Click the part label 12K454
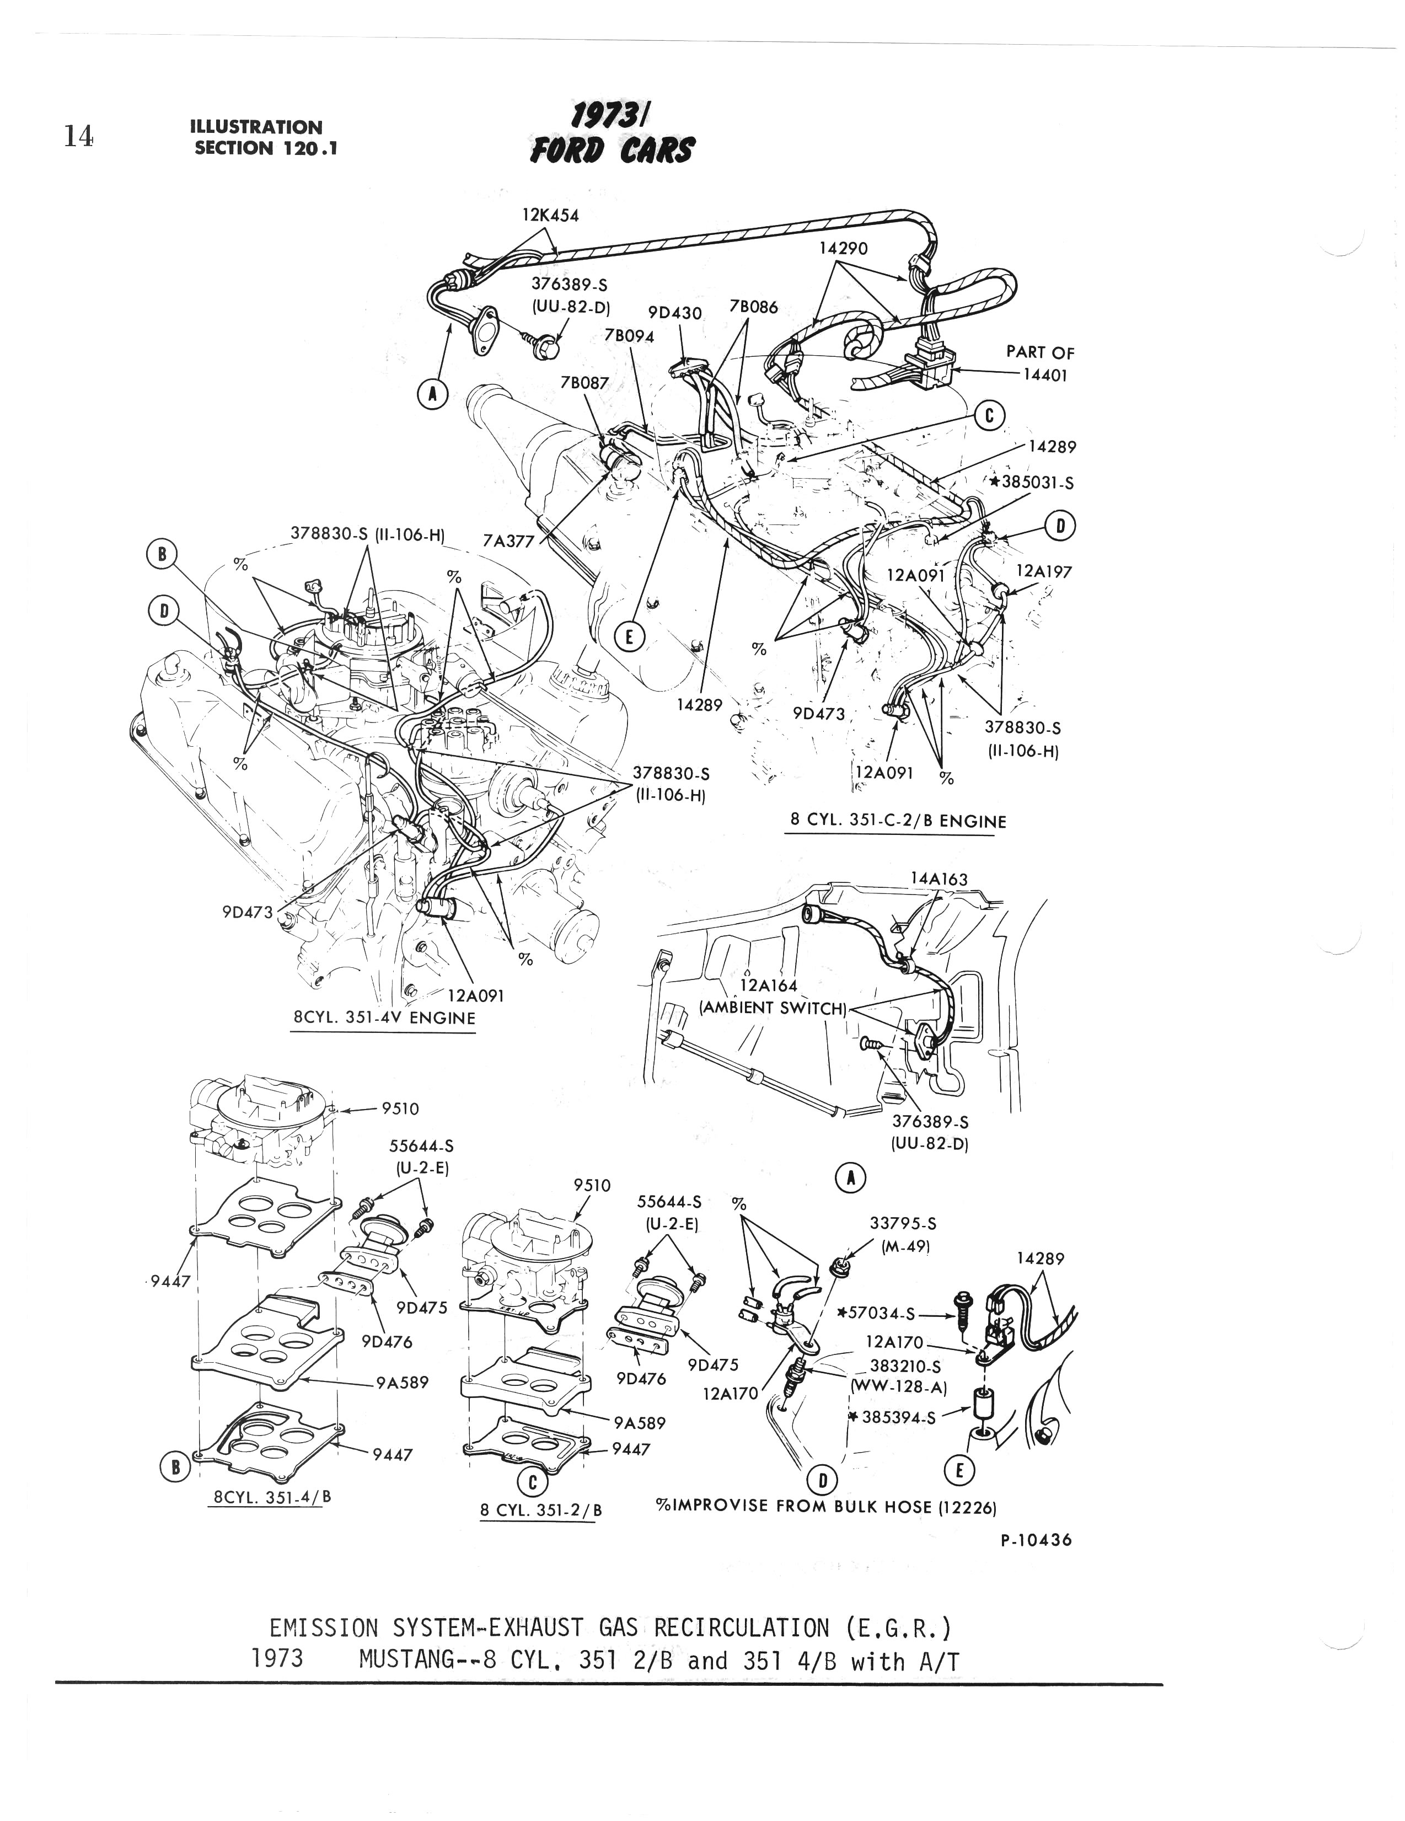point(550,215)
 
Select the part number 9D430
point(675,313)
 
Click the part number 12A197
point(1044,571)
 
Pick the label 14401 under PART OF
point(1045,375)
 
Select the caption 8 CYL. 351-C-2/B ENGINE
point(898,821)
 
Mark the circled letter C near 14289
point(990,415)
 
